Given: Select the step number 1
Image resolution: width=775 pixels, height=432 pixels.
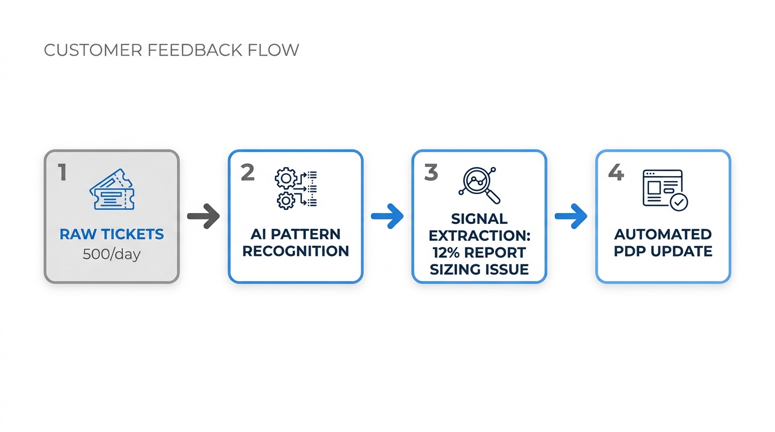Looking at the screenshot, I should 63,173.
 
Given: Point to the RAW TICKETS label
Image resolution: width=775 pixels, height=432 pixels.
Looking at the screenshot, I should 112,234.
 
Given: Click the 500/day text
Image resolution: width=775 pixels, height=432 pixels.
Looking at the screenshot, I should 112,254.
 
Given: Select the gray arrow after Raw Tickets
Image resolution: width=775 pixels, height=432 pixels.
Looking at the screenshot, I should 203,217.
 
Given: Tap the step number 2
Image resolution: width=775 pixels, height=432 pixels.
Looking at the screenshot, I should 247,173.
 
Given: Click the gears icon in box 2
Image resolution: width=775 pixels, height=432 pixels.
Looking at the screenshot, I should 295,188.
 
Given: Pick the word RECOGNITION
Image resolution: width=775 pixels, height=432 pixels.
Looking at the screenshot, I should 295,251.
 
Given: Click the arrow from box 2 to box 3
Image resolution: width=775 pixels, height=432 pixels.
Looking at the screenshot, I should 387,217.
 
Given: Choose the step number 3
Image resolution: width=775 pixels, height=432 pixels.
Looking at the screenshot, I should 431,173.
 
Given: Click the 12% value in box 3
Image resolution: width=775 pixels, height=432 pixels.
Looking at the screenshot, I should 447,253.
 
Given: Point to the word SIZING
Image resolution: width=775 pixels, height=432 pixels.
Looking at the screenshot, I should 453,269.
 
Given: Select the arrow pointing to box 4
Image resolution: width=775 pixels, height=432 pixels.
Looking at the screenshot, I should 571,217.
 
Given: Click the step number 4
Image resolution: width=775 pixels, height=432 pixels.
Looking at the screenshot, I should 616,173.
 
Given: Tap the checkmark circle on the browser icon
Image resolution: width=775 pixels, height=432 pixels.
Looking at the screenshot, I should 679,201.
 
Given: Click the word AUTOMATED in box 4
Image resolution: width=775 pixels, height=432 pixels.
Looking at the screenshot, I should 663,234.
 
